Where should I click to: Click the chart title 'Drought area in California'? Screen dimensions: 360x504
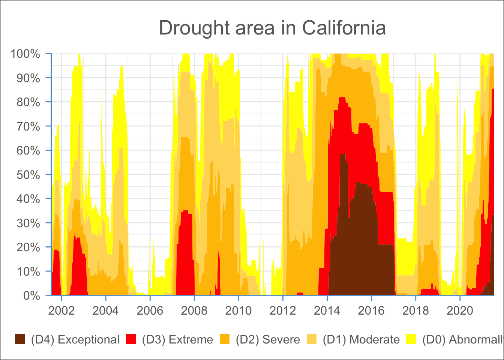pyautogui.click(x=272, y=28)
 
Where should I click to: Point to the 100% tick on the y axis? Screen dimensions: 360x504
pyautogui.click(x=25, y=54)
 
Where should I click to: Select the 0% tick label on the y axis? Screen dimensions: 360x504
pyautogui.click(x=31, y=296)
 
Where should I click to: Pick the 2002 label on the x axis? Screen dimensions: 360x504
pyautogui.click(x=61, y=311)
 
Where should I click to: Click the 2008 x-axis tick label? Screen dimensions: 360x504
pyautogui.click(x=194, y=311)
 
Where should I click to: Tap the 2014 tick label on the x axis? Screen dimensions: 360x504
pyautogui.click(x=327, y=311)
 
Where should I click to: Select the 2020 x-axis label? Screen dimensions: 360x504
pyautogui.click(x=460, y=311)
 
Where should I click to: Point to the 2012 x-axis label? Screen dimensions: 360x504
pyautogui.click(x=283, y=311)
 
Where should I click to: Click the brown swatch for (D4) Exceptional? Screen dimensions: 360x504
pyautogui.click(x=20, y=339)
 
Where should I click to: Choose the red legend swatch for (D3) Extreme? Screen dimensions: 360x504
pyautogui.click(x=131, y=339)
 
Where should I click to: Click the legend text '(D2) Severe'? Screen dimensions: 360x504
pyautogui.click(x=268, y=340)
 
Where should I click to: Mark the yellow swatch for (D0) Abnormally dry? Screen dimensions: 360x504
pyautogui.click(x=411, y=339)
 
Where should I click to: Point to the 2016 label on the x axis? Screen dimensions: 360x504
pyautogui.click(x=371, y=311)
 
